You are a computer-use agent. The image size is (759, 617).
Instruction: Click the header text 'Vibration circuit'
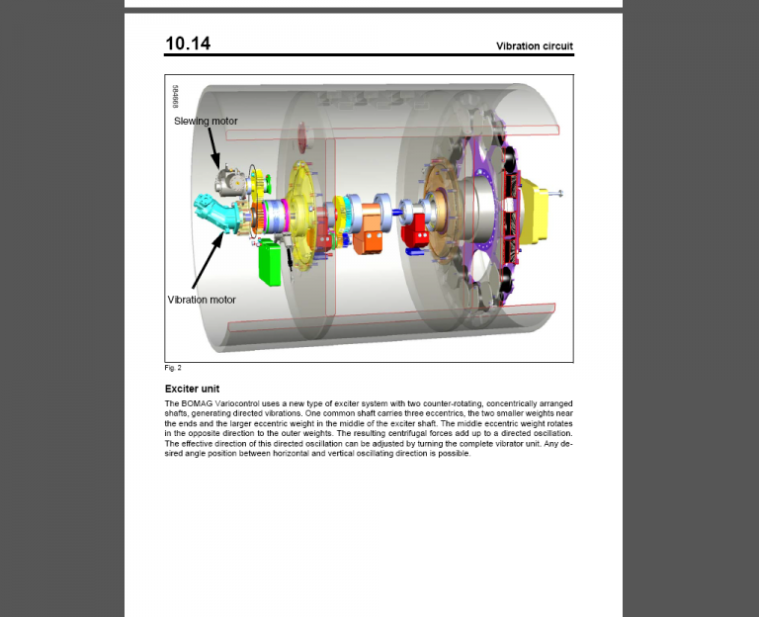tap(534, 46)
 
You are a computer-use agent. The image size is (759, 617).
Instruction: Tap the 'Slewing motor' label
tap(206, 122)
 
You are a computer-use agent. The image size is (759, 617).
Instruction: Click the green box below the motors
tap(269, 261)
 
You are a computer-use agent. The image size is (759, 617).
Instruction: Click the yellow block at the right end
tap(540, 212)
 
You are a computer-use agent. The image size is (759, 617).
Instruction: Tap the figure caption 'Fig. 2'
tap(173, 368)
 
